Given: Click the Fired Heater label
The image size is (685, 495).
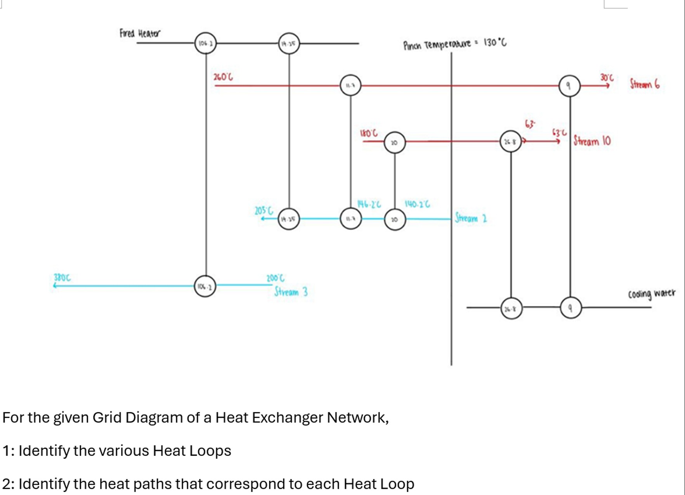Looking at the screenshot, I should coord(139,33).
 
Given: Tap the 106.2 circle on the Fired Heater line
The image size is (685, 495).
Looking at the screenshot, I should coord(205,43).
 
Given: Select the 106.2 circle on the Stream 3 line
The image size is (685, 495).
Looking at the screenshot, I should coord(205,287).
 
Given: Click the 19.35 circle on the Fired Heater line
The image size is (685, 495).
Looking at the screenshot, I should coord(289,43).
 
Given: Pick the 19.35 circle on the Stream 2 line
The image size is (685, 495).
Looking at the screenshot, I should coord(289,219).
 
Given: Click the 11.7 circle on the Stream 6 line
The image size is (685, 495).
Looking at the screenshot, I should coord(350,85).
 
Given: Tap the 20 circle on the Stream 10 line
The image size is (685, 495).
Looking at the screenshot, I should coord(395,142).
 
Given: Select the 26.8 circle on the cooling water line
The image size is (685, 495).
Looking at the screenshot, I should coord(511,309).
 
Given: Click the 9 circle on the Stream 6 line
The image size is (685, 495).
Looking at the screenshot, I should coord(569,86).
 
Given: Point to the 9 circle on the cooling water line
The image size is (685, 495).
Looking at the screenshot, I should coord(571,308).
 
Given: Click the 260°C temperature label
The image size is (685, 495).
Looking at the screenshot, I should coord(223,76).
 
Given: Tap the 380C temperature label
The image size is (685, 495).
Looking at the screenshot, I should coord(62,277).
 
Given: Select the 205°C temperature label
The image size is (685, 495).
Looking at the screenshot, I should coord(264,210).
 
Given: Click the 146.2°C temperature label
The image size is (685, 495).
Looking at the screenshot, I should coord(369,204).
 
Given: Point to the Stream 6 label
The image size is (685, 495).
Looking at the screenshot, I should coord(644,84).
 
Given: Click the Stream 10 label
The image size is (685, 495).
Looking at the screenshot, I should coord(592,141).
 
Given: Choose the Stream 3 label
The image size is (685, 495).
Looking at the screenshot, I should coord(291,292).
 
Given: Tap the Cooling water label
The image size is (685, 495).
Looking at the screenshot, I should coord(652,294).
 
